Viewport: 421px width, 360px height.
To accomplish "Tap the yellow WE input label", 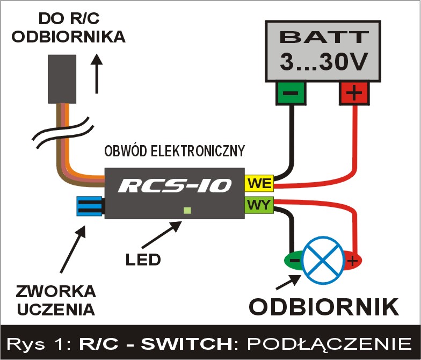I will click(259, 184).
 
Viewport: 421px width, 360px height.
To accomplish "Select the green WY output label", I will click(259, 205).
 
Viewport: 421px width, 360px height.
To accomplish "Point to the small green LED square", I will click(187, 210).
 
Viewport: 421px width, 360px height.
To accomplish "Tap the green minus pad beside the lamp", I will click(293, 261).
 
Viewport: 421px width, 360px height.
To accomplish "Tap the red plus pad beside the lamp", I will click(352, 261).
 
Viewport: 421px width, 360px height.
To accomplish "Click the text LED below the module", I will click(143, 260).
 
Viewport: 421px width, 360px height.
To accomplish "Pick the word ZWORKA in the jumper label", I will click(56, 292).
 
